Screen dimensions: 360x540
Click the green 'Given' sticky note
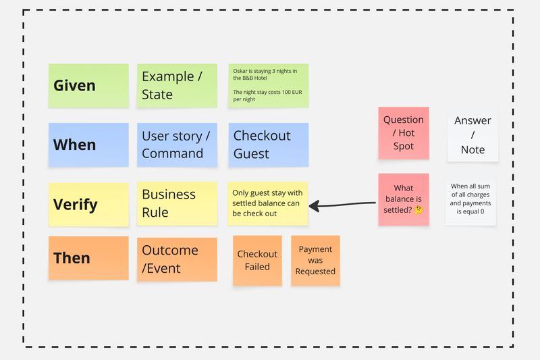(88, 86)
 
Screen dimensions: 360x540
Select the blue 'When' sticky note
(88, 145)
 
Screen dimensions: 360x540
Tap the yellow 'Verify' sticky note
(88, 204)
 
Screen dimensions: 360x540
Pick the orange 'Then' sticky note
(88, 258)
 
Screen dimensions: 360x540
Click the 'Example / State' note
(177, 86)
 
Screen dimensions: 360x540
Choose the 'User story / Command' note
(177, 145)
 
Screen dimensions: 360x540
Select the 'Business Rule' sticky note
(177, 204)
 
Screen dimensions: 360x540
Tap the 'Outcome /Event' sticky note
(177, 259)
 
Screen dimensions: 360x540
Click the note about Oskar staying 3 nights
(269, 85)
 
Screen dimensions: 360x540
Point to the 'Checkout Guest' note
(269, 145)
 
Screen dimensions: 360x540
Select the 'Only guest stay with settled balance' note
(269, 203)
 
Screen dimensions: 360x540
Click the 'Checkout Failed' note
(257, 261)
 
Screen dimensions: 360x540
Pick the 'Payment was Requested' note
(315, 261)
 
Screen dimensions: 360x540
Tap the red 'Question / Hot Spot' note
(404, 133)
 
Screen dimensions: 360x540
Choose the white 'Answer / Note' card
(473, 135)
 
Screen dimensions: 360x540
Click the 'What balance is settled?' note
(404, 199)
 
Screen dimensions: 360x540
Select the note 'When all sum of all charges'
(470, 199)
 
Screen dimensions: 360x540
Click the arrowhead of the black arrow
(315, 205)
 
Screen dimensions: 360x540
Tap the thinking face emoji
(418, 210)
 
